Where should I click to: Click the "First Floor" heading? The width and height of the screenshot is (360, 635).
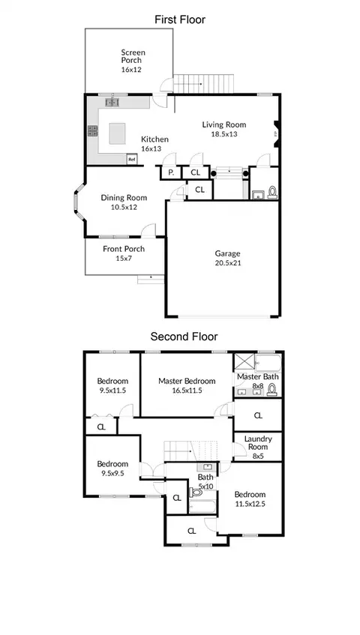click(180, 19)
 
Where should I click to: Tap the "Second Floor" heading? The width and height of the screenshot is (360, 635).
click(184, 337)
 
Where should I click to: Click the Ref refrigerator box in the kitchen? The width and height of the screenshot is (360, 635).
click(131, 159)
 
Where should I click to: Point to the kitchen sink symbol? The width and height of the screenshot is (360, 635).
click(112, 103)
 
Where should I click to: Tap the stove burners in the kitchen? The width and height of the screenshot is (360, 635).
click(93, 130)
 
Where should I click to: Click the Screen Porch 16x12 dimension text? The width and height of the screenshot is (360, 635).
click(131, 69)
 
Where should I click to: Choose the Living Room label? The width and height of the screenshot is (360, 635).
click(224, 124)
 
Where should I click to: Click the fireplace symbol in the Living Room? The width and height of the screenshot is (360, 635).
click(276, 133)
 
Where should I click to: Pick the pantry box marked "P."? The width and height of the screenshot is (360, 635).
click(171, 172)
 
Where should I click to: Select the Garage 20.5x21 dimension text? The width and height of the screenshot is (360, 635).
click(227, 263)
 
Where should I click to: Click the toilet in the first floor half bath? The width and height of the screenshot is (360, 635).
click(272, 193)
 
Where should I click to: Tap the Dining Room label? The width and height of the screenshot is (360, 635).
click(124, 198)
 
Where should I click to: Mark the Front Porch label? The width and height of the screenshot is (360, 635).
click(124, 249)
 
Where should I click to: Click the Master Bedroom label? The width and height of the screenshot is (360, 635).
click(187, 381)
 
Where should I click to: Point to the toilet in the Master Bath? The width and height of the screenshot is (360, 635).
click(271, 390)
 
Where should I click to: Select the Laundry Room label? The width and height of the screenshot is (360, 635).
click(258, 442)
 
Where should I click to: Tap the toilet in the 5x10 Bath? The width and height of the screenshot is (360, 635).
click(195, 493)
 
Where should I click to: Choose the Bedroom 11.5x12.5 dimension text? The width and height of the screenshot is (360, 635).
click(250, 505)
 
